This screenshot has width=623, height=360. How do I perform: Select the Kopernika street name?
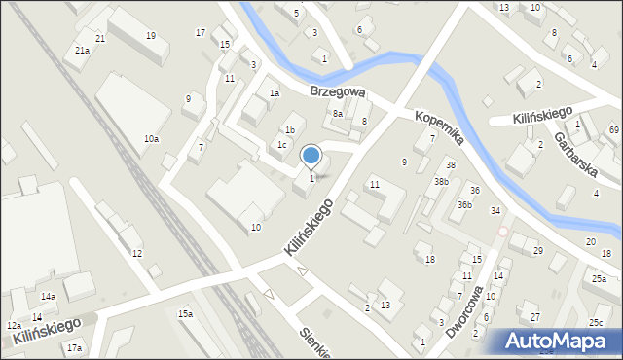(x=438, y=127)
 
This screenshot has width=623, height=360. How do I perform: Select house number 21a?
(x=82, y=50)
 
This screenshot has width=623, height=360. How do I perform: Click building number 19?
(x=150, y=36)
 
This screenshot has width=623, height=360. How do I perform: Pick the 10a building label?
(x=151, y=139)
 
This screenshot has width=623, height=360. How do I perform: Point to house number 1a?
(x=275, y=93)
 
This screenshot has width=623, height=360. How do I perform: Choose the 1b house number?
(x=289, y=129)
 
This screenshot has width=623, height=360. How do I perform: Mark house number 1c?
(x=281, y=145)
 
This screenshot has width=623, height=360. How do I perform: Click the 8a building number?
(x=338, y=114)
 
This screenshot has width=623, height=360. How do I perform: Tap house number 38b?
(x=441, y=181)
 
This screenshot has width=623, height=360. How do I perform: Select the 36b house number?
(x=465, y=205)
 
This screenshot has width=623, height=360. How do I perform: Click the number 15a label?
(x=185, y=313)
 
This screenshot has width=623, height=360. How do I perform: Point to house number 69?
(x=614, y=129)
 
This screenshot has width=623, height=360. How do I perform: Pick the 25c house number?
(x=595, y=322)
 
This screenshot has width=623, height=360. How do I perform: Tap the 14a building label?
(x=48, y=296)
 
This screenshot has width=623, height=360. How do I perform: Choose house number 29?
(x=537, y=251)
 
